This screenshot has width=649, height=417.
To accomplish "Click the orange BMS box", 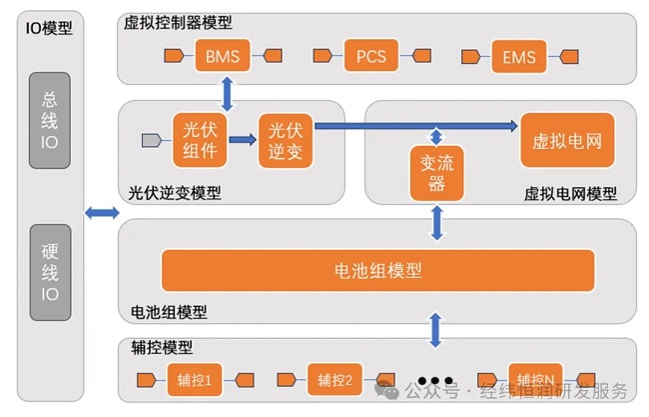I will (222, 56).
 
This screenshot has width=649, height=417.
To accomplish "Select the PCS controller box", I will (371, 56).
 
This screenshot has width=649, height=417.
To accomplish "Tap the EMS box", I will (520, 56).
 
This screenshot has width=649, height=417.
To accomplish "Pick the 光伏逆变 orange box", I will (286, 140).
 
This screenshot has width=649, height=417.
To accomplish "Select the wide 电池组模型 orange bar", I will (377, 270).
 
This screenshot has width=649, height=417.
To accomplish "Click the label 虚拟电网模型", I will (570, 194).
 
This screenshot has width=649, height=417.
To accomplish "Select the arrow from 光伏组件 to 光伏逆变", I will (243, 140).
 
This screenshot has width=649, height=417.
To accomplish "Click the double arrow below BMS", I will (229, 92).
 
